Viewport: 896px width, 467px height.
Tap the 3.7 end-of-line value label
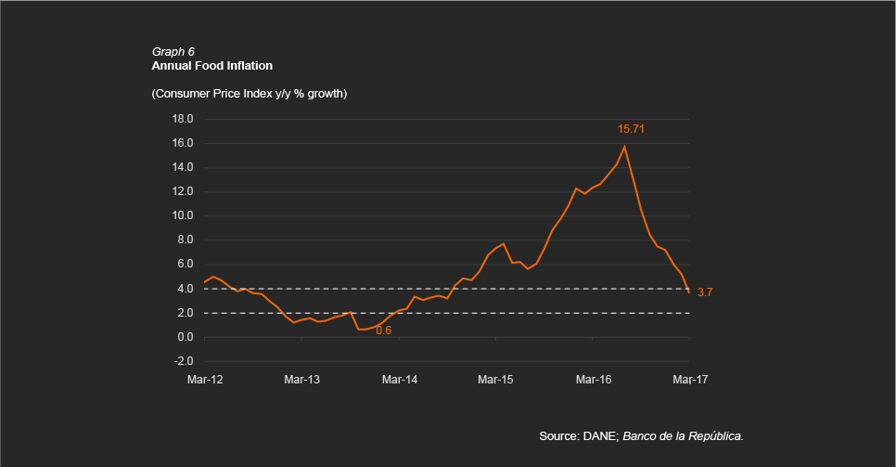(705, 292)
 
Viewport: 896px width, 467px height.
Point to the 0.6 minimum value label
(383, 330)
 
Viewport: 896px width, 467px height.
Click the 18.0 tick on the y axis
(183, 119)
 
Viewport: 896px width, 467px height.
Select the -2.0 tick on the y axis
(183, 361)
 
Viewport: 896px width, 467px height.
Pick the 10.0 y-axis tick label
(183, 215)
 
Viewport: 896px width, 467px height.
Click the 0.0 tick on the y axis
(185, 337)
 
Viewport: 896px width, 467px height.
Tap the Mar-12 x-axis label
(204, 379)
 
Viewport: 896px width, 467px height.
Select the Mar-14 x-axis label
(398, 379)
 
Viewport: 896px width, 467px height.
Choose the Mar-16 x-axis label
(593, 379)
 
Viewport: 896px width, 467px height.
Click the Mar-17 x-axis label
(689, 379)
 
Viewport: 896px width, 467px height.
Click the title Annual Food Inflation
(211, 66)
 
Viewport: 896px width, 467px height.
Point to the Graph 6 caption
(173, 51)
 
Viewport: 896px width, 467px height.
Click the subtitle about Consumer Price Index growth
(249, 94)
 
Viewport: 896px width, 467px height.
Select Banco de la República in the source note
(684, 435)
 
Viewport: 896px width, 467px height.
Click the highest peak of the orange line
(624, 147)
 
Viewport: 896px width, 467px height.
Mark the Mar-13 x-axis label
(301, 379)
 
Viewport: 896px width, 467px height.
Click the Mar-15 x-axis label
(495, 379)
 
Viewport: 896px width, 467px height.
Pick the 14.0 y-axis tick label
(183, 167)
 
